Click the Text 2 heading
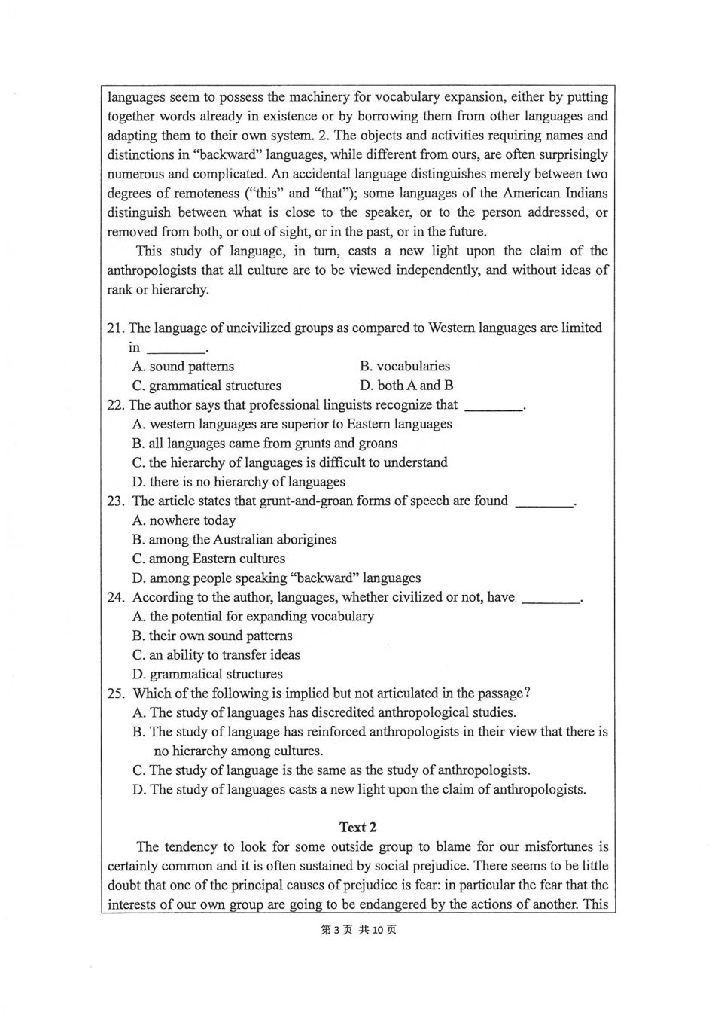pos(357,827)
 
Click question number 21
pos(115,328)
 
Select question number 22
pos(115,404)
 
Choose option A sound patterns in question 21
pos(183,366)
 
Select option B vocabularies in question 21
pos(404,366)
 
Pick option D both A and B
pos(406,386)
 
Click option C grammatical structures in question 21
pos(207,386)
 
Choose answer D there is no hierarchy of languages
pos(239,482)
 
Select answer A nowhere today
pos(184,520)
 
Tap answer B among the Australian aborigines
pos(234,539)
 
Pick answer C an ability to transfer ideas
pos(216,655)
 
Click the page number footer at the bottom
pos(358,930)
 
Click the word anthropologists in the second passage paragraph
pos(156,270)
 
